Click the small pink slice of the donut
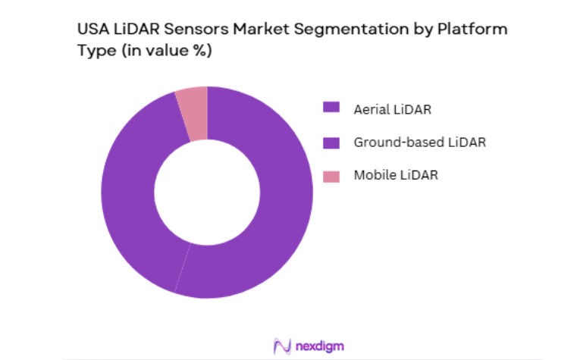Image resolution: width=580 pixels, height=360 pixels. tap(193, 114)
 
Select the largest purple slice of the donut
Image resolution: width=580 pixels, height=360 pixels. tap(281, 212)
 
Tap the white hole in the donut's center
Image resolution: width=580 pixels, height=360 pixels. tap(207, 192)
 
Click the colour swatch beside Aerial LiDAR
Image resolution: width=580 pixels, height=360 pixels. tap(331, 108)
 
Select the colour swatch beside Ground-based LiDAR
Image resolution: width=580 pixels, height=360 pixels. tap(331, 142)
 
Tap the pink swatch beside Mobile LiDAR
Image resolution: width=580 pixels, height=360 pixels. tap(331, 176)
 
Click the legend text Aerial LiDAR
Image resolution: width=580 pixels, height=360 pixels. tap(392, 108)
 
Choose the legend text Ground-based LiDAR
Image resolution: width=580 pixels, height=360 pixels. tap(419, 142)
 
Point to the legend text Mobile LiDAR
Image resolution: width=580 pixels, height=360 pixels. tap(396, 176)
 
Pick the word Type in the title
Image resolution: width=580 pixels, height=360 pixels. tap(93, 51)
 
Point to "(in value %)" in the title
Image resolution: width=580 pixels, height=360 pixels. tap(163, 51)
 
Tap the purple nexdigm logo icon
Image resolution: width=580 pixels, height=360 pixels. tap(282, 346)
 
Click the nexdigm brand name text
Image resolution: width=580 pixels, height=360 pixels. tap(319, 346)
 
